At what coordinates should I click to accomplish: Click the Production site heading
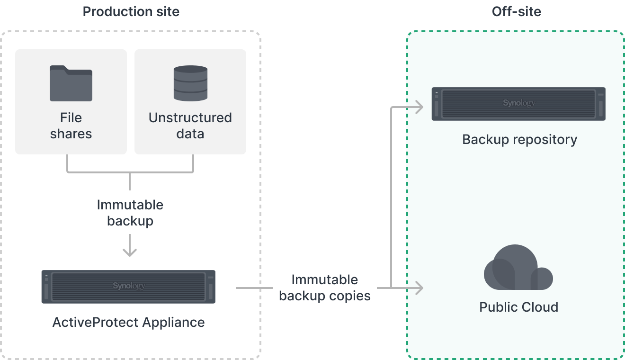pyautogui.click(x=131, y=11)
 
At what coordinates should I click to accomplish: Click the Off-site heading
pyautogui.click(x=516, y=11)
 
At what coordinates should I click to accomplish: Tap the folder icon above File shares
pyautogui.click(x=71, y=83)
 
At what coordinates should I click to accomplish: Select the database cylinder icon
pyautogui.click(x=190, y=83)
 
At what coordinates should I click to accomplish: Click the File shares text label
pyautogui.click(x=71, y=126)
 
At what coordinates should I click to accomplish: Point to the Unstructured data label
pyautogui.click(x=190, y=126)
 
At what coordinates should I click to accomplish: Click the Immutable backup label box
pyautogui.click(x=130, y=213)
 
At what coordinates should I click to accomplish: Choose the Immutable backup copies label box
pyautogui.click(x=325, y=288)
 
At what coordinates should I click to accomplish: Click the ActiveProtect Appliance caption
pyautogui.click(x=129, y=323)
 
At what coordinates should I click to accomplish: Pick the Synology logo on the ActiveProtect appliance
pyautogui.click(x=129, y=286)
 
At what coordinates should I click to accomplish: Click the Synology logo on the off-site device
pyautogui.click(x=519, y=103)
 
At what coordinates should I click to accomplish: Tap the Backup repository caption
pyautogui.click(x=519, y=140)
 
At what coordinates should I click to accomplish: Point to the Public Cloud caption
pyautogui.click(x=518, y=307)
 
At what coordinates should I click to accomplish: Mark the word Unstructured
pyautogui.click(x=190, y=117)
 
